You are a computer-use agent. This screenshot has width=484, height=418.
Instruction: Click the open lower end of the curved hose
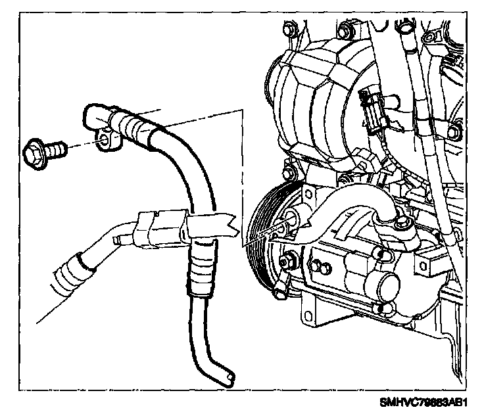(x=227, y=377)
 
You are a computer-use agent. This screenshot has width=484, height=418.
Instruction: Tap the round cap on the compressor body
(x=385, y=290)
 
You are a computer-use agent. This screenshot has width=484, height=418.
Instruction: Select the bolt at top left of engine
(x=287, y=30)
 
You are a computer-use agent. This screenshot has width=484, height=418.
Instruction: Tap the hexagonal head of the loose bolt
(x=32, y=154)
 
